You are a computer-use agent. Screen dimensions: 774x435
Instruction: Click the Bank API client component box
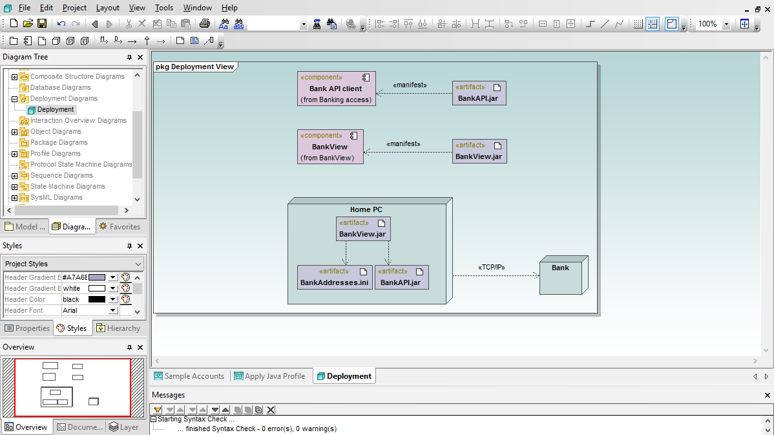pos(336,89)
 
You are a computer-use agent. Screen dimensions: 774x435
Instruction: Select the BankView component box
pos(330,147)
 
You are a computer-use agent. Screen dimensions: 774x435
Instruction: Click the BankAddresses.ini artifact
pos(335,277)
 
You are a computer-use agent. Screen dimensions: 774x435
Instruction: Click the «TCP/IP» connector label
pos(491,267)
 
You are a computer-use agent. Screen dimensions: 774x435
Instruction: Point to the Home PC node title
pos(366,209)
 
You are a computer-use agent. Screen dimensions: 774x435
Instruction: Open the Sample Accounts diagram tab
pos(189,376)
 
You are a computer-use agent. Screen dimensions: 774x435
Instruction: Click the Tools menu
pos(164,8)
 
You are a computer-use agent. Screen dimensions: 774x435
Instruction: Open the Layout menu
pos(108,8)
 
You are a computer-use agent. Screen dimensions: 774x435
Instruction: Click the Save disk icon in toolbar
pos(42,24)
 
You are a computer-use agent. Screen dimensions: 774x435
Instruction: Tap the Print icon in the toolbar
pos(204,24)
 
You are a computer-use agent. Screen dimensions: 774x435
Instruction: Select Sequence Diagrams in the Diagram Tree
pos(61,175)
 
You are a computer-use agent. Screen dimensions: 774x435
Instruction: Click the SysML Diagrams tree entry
pos(56,198)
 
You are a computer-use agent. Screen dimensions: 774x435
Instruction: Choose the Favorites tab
pos(120,227)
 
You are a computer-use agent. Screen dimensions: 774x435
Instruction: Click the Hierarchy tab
pos(118,328)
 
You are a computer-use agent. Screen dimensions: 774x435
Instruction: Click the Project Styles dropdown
pos(73,264)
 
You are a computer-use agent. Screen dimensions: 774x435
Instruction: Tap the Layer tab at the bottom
pos(124,427)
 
